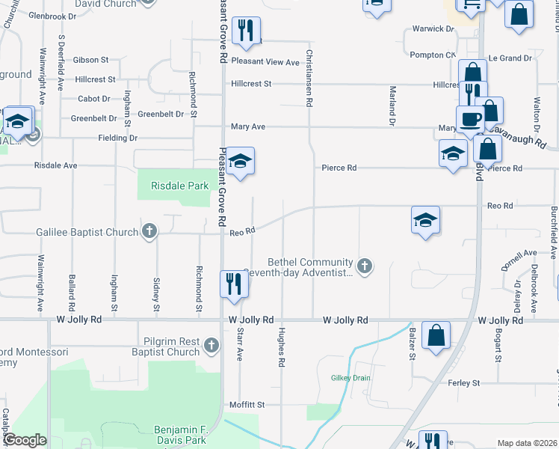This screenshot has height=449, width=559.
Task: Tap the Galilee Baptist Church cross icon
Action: (x=149, y=232)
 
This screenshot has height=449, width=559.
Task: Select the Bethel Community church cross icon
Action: (x=364, y=266)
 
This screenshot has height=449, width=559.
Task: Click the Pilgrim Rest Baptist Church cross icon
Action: (x=211, y=345)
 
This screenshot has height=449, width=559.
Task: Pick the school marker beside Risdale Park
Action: (x=238, y=162)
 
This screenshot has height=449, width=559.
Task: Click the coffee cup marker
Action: (x=471, y=120)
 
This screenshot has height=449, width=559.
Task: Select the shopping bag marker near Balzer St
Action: (x=436, y=336)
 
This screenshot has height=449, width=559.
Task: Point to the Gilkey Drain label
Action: (x=350, y=378)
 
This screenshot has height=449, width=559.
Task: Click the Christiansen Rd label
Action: (x=308, y=78)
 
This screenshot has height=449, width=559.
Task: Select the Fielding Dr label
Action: (x=117, y=138)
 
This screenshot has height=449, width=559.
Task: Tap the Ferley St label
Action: (x=463, y=383)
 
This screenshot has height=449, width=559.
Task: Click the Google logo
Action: (x=25, y=441)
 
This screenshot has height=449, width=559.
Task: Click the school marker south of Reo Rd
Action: (x=425, y=221)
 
